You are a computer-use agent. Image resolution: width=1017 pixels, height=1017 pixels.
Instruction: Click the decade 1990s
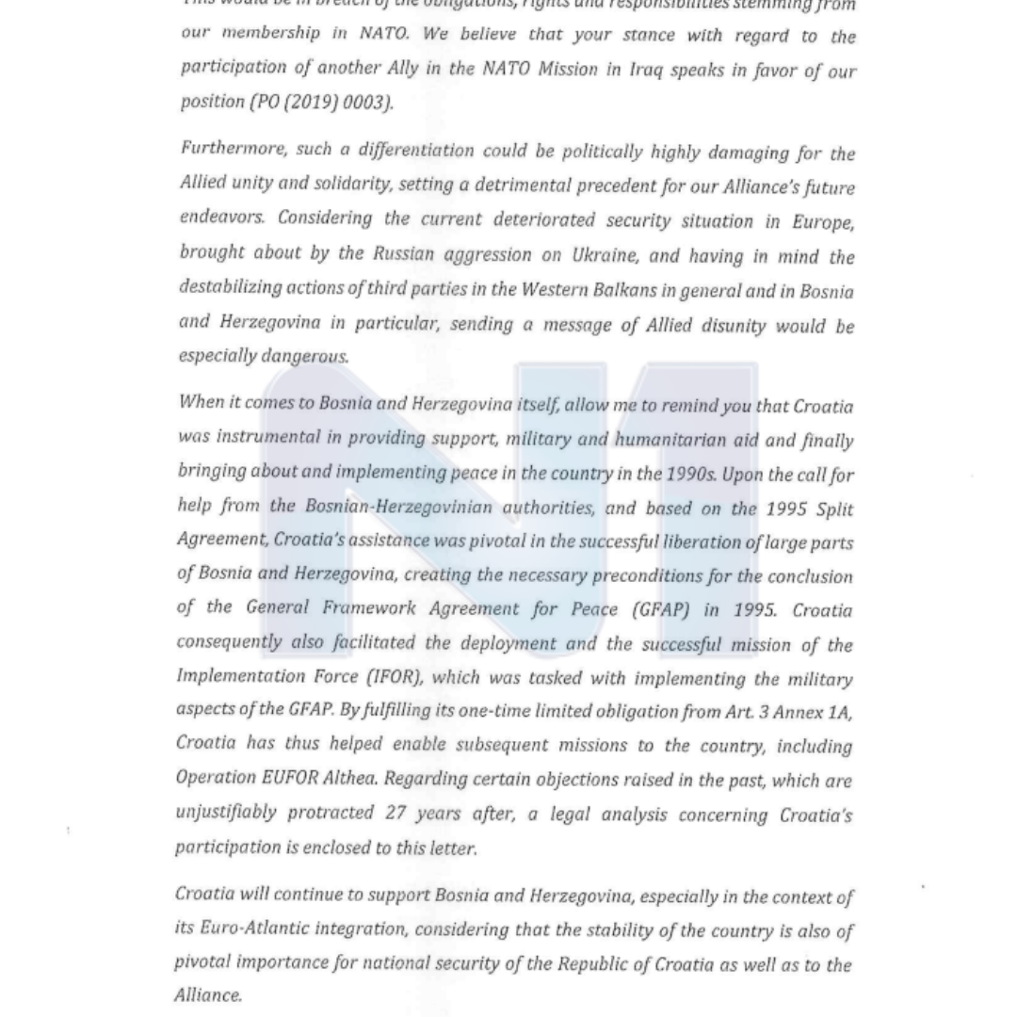pyautogui.click(x=691, y=475)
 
